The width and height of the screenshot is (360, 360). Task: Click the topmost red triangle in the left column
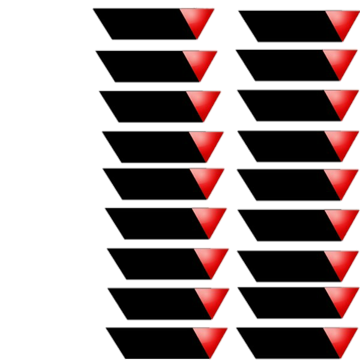click(x=197, y=20)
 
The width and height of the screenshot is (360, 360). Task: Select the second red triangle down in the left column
click(x=200, y=62)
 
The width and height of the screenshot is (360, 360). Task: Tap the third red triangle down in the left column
click(x=203, y=102)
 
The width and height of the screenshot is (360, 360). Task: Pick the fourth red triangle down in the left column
click(x=206, y=143)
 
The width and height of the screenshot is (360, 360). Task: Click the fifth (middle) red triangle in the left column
click(x=207, y=179)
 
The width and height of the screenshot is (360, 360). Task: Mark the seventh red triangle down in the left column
click(x=211, y=259)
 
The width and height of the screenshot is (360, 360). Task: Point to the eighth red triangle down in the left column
click(x=212, y=299)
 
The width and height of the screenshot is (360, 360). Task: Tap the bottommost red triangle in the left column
click(x=211, y=339)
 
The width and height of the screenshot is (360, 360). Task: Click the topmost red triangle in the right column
click(x=343, y=22)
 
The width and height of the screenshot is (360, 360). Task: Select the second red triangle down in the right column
click(x=340, y=61)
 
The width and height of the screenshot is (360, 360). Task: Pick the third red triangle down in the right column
click(x=341, y=101)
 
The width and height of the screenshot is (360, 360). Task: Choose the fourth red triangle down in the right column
click(x=341, y=142)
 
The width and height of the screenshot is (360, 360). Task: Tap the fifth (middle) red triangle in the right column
click(x=341, y=181)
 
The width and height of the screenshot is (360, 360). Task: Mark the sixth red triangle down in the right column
click(x=342, y=221)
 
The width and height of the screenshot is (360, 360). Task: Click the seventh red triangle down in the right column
click(x=342, y=262)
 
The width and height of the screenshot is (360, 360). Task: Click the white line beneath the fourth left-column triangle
click(x=162, y=163)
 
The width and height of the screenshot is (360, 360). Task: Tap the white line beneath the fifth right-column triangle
click(x=294, y=200)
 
